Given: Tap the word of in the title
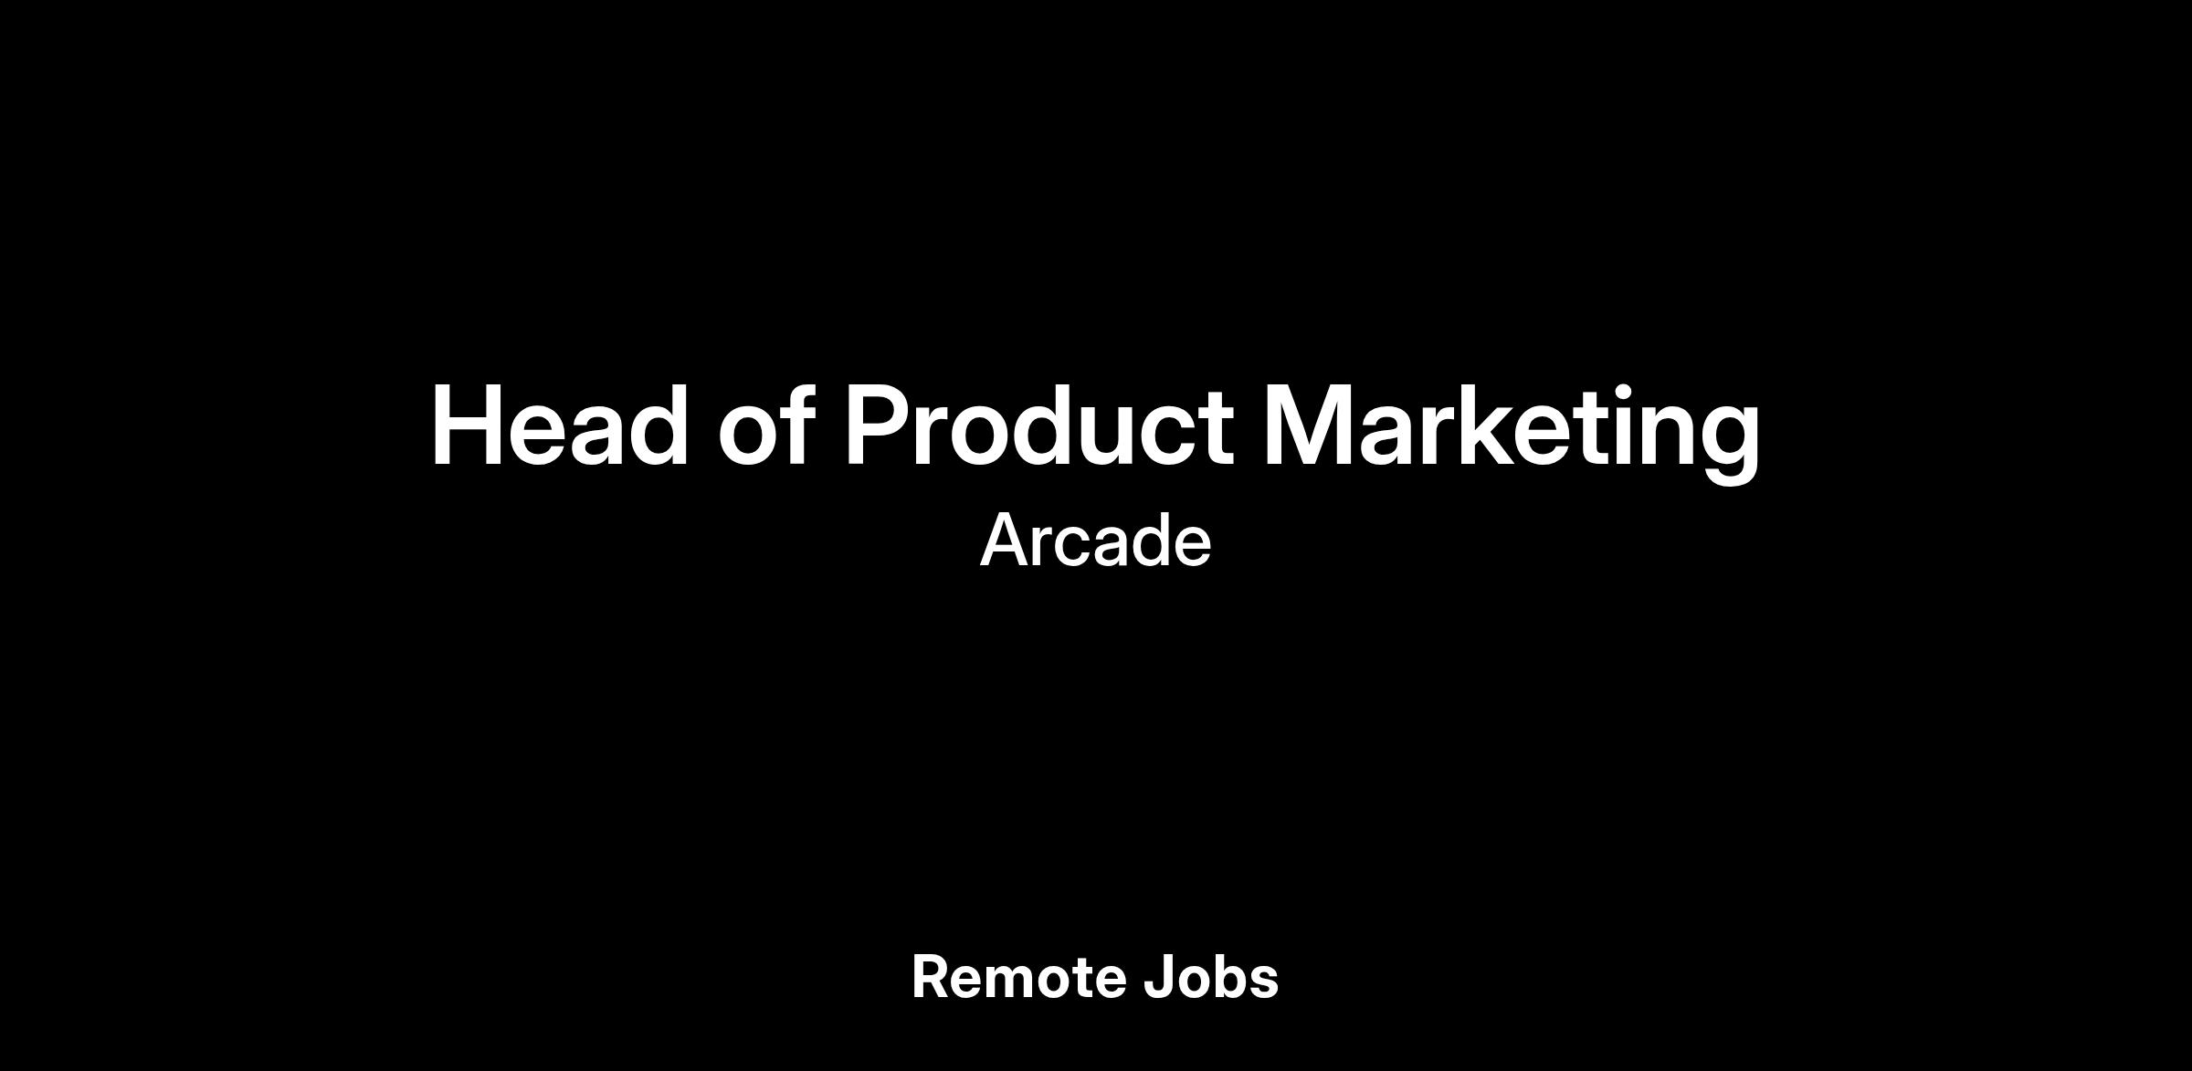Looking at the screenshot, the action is (765, 425).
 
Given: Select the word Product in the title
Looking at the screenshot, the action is (1038, 426).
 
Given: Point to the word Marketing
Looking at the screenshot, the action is (1512, 433).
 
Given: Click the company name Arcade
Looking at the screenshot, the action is (1096, 541).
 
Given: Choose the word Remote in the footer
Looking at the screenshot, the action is (1018, 978).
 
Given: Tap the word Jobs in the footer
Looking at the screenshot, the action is (1211, 978).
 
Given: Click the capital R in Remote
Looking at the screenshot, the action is (932, 978).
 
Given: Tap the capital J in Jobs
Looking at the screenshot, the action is (1159, 978).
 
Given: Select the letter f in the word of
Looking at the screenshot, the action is (796, 425).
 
